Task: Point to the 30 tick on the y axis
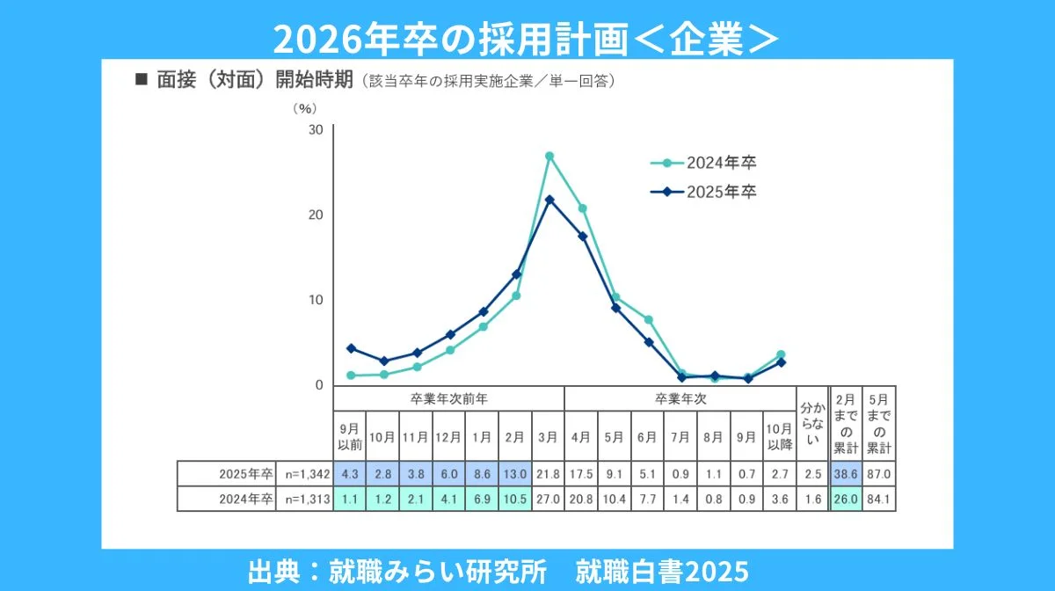tap(316, 130)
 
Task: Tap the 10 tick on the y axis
tap(316, 300)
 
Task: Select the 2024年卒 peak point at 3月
tap(549, 157)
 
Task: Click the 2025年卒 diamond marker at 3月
tap(549, 200)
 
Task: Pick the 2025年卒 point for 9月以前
tap(350, 348)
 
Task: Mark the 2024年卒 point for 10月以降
tap(781, 354)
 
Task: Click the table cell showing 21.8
tap(549, 474)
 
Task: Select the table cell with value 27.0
tap(549, 500)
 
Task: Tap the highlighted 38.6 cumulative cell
tap(846, 474)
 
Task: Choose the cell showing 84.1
tap(878, 500)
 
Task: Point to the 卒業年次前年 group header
tap(448, 398)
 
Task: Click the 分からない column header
tap(812, 423)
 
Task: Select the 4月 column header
tap(582, 435)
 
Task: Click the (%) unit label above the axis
tap(303, 108)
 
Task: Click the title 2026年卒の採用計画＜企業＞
tap(527, 39)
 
